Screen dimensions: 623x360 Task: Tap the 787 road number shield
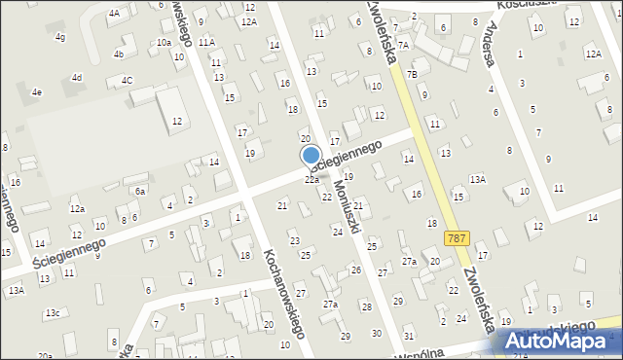455,237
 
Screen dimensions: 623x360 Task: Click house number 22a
311,180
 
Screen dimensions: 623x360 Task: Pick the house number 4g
60,37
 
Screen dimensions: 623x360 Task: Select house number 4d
76,77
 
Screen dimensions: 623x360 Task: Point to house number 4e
37,92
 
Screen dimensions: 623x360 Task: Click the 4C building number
127,80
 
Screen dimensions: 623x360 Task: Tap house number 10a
164,43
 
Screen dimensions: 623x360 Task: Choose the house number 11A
206,43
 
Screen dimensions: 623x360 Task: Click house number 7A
404,45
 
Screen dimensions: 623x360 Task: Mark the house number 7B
412,74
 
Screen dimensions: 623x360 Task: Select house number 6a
140,192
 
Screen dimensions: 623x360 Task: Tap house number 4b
119,54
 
